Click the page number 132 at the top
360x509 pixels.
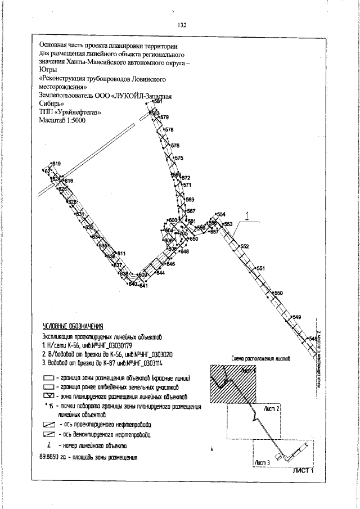182,25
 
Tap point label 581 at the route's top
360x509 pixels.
158,101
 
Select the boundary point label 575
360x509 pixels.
179,158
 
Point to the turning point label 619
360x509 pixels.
56,164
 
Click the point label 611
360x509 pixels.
121,254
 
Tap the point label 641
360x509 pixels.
143,286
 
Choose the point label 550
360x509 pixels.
278,293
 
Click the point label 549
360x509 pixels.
297,318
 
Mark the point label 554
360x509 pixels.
221,215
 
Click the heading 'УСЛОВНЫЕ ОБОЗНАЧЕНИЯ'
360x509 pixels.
73,326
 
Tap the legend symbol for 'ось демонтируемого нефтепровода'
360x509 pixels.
48,435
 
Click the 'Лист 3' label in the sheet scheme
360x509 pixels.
263,462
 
